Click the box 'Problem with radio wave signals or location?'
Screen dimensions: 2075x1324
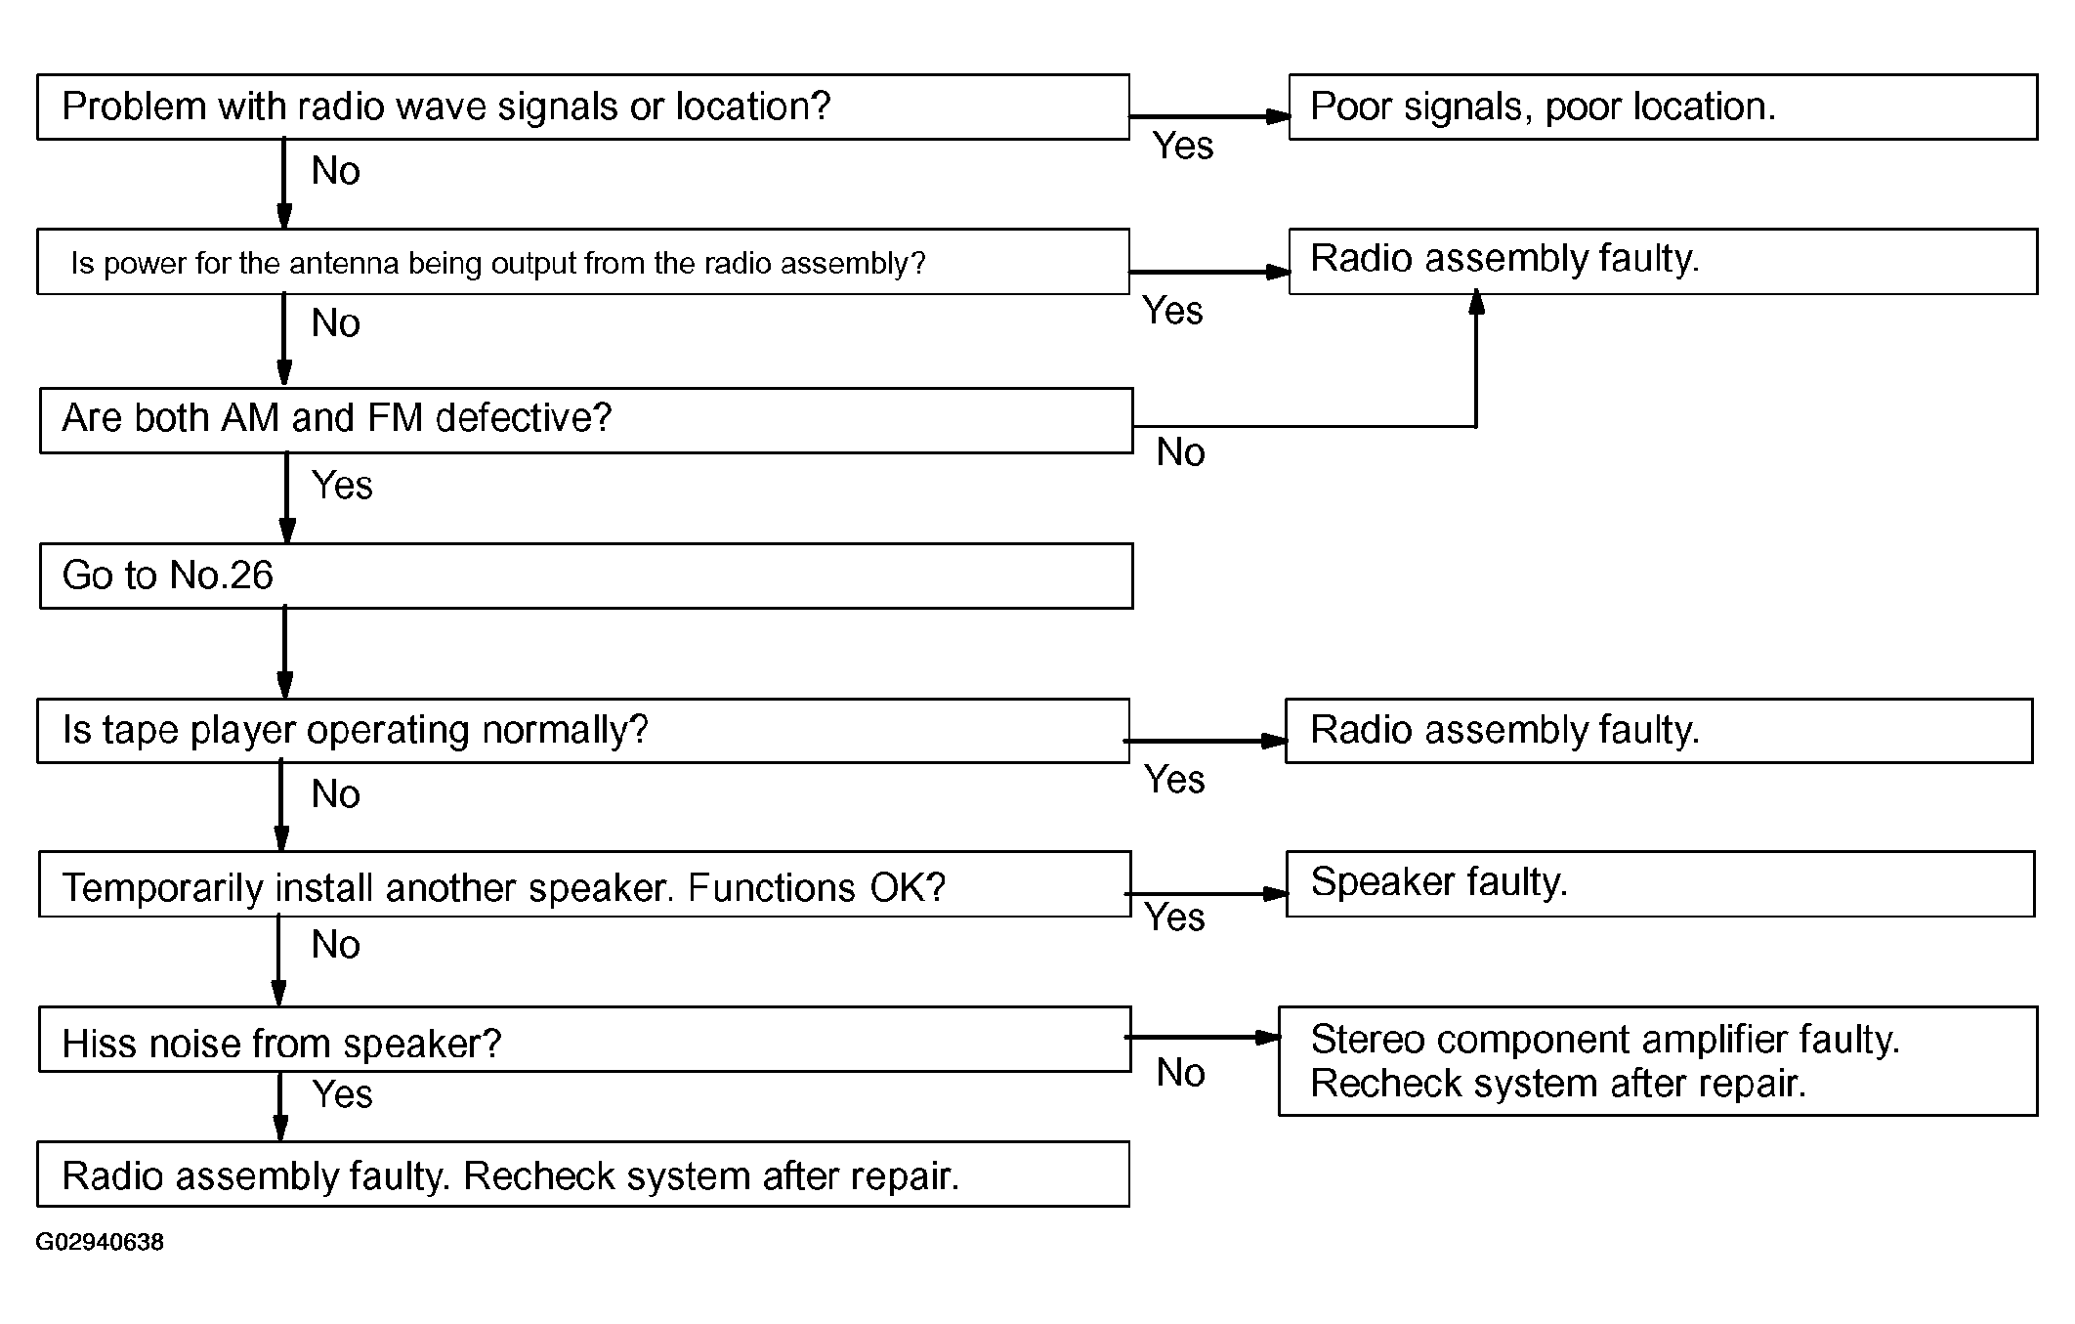click(x=583, y=107)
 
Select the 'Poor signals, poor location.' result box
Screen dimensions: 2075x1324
click(x=1663, y=107)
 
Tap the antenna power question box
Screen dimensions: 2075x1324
click(x=583, y=262)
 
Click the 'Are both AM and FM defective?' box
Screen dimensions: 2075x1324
click(x=586, y=420)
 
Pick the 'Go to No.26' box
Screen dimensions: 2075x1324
click(x=586, y=577)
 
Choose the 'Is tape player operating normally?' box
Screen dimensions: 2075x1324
click(x=583, y=731)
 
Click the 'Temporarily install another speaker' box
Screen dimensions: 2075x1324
click(x=584, y=884)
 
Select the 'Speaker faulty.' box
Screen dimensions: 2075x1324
click(x=1660, y=884)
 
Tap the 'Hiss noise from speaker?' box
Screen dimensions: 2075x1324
click(x=584, y=1040)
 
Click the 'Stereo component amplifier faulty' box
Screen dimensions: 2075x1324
click(x=1658, y=1061)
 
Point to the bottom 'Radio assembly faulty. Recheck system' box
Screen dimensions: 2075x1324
click(x=583, y=1174)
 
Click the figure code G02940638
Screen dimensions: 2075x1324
click(x=100, y=1242)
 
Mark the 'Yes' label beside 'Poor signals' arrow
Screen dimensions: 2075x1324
click(x=1183, y=146)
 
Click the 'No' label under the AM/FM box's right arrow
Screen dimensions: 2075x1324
click(x=1180, y=452)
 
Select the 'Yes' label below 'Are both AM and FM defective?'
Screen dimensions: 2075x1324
click(x=342, y=486)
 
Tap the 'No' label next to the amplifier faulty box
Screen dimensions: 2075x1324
click(x=1180, y=1073)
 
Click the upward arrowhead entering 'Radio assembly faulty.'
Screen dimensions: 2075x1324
click(x=1476, y=301)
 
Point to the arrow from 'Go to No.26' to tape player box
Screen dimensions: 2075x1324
click(x=284, y=653)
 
